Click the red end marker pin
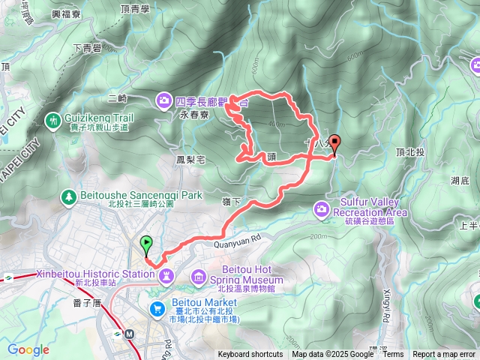point(334,142)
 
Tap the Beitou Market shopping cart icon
point(157,307)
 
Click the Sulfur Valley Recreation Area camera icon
point(323,207)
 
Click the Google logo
point(28,349)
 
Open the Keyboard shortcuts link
point(250,355)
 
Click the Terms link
point(393,355)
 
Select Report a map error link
point(445,355)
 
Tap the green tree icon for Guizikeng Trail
point(52,120)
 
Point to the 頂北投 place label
point(410,151)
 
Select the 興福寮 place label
point(65,13)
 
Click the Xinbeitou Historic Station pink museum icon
point(166,275)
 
